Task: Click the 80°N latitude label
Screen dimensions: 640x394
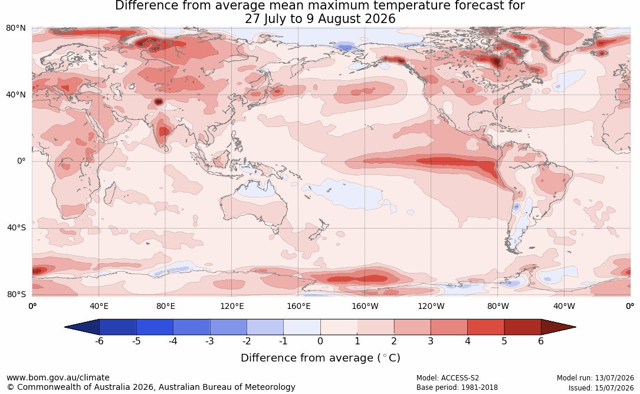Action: pyautogui.click(x=15, y=28)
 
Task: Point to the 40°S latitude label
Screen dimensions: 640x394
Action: pyautogui.click(x=17, y=227)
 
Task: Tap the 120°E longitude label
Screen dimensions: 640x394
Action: pyautogui.click(x=232, y=306)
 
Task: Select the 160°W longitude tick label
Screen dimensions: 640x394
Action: pyautogui.click(x=365, y=306)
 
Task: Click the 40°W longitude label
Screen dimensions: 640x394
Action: pyautogui.click(x=564, y=306)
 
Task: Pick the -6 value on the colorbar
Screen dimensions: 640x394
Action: pyautogui.click(x=99, y=341)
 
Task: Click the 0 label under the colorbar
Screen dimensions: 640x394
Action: pyautogui.click(x=320, y=341)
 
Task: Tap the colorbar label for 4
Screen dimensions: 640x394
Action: pyautogui.click(x=467, y=341)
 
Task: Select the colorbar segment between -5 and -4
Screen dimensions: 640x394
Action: pyautogui.click(x=155, y=327)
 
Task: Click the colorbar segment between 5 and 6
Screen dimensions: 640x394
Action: pyautogui.click(x=523, y=327)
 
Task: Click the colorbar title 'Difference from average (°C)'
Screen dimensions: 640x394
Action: pyautogui.click(x=320, y=358)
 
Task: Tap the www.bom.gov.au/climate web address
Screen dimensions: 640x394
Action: pyautogui.click(x=58, y=377)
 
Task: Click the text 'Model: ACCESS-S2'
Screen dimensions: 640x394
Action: pyautogui.click(x=448, y=378)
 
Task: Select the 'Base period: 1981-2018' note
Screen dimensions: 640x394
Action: pyautogui.click(x=457, y=388)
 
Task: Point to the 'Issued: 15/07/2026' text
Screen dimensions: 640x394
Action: pyautogui.click(x=601, y=388)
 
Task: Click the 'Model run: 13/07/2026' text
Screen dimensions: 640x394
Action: pyautogui.click(x=595, y=378)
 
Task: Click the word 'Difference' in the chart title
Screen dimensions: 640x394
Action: pyautogui.click(x=142, y=6)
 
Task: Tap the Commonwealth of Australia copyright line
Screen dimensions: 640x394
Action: pyautogui.click(x=150, y=387)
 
